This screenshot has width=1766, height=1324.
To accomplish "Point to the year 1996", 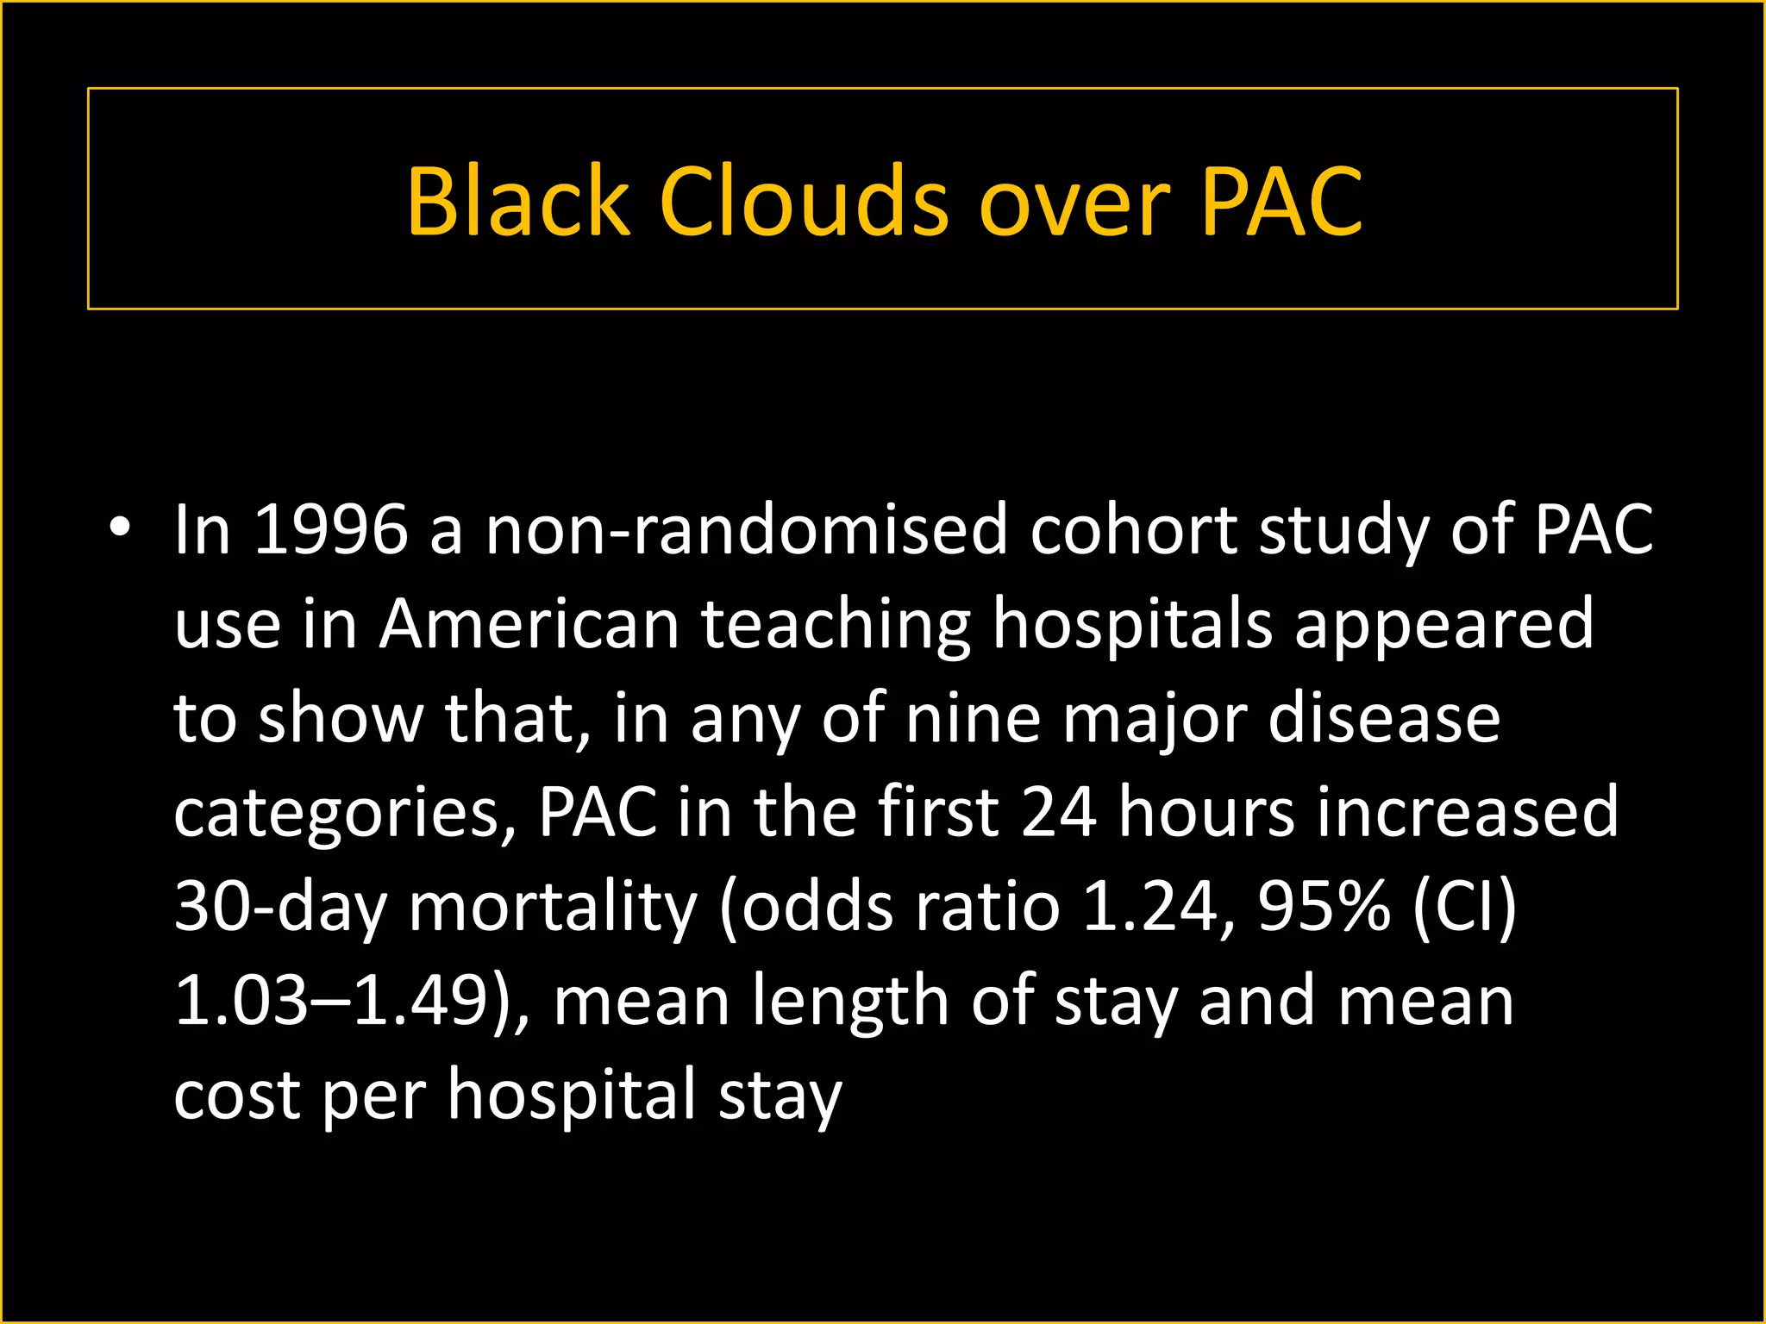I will click(330, 529).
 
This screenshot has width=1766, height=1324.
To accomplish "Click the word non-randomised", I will click(746, 529).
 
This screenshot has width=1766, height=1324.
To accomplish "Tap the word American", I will click(529, 624).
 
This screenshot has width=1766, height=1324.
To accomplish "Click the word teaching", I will click(836, 624).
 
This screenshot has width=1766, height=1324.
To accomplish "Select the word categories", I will click(343, 813).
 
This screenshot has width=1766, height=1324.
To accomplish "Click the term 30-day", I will click(280, 907).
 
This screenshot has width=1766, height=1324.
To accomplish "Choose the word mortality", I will click(552, 907).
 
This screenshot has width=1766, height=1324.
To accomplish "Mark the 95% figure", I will click(1324, 907).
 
